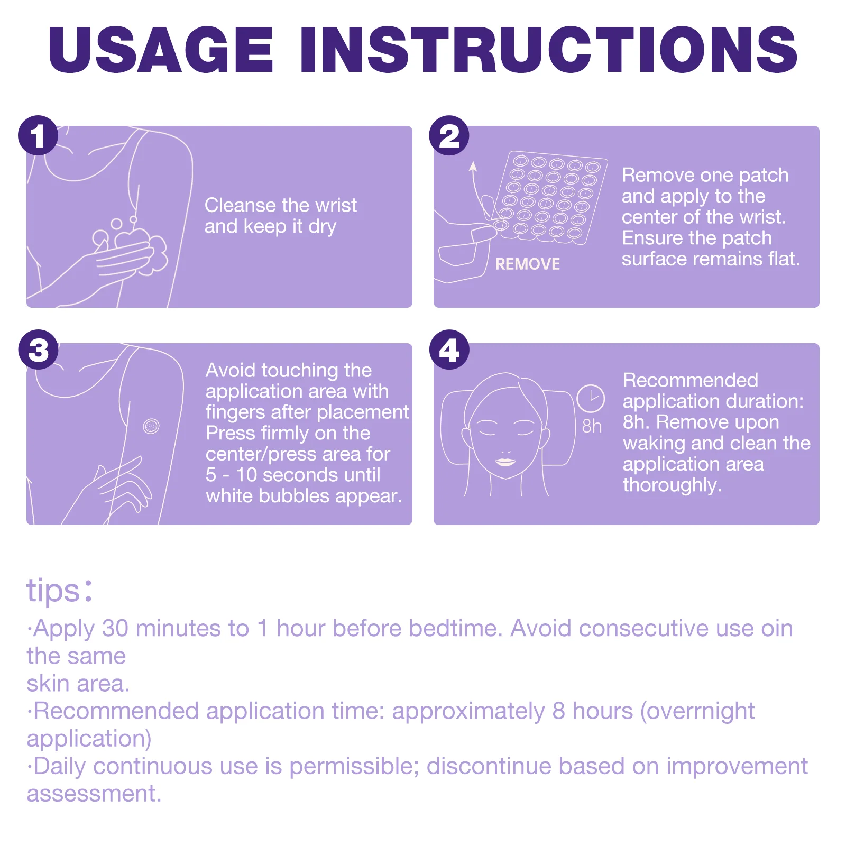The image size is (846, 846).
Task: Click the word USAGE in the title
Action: point(161,50)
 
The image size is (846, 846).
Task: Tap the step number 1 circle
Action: point(38,135)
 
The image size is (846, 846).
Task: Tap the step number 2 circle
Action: point(449,135)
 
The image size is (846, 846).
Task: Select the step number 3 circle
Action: point(38,350)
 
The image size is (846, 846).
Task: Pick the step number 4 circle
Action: point(449,350)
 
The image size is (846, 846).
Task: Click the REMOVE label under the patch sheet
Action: point(527,264)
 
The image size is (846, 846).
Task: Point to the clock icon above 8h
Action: point(591,399)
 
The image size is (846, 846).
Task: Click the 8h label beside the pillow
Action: point(592,426)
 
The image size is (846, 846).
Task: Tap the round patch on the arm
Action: point(151,426)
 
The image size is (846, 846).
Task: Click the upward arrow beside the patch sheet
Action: point(477,190)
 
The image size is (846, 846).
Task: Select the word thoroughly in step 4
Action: point(672,485)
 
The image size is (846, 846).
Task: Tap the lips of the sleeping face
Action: point(505,462)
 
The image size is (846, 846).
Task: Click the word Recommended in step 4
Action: point(691,380)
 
